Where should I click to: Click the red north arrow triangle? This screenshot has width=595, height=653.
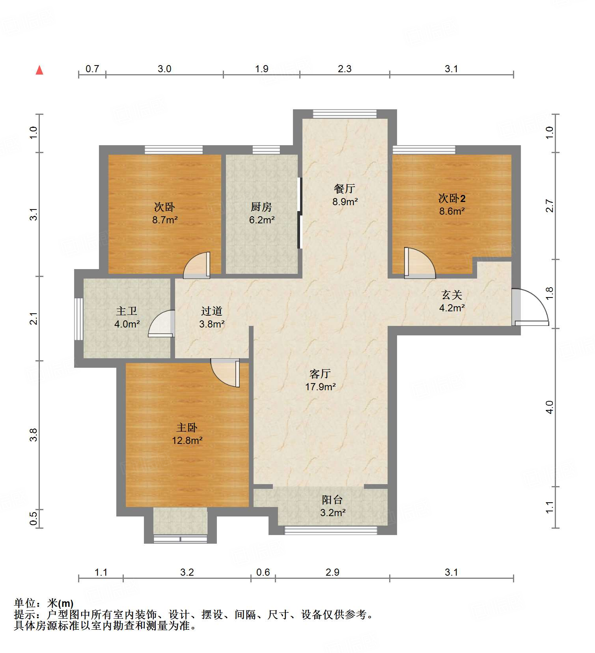[x=39, y=70]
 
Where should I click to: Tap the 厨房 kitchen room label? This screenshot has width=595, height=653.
[x=261, y=207]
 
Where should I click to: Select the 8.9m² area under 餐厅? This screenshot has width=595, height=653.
[x=345, y=202]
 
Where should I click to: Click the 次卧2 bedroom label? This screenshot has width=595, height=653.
[x=452, y=198]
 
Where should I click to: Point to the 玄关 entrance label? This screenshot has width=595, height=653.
[x=451, y=295]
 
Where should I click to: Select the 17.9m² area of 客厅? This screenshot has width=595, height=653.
[x=320, y=387]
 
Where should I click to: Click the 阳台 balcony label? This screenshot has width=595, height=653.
[x=332, y=500]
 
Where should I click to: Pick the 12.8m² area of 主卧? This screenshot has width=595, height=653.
[x=187, y=440]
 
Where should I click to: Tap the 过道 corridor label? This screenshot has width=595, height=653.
[x=211, y=311]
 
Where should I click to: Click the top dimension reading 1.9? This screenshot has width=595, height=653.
[x=261, y=69]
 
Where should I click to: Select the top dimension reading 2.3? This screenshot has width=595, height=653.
[x=344, y=69]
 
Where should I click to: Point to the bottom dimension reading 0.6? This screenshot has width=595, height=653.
[x=263, y=572]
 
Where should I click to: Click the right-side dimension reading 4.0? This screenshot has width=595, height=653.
[x=549, y=407]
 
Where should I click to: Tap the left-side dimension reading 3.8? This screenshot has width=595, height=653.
[x=34, y=434]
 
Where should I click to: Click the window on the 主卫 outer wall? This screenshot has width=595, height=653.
[x=79, y=319]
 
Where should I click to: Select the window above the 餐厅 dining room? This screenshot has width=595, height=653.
[x=345, y=114]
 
